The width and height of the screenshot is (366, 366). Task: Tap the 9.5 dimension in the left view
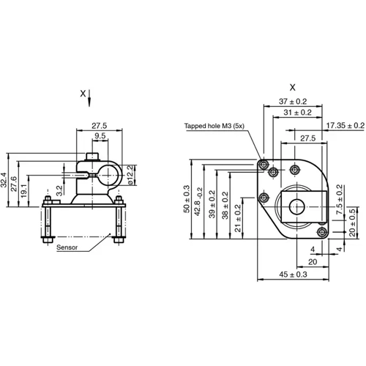point(100,136)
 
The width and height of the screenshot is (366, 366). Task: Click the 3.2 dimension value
point(61,193)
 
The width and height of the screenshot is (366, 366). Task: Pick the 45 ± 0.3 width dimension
point(294,274)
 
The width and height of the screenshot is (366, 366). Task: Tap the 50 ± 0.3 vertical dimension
point(186,199)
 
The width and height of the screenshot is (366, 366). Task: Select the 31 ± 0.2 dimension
point(297,113)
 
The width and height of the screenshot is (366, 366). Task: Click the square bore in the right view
point(299,205)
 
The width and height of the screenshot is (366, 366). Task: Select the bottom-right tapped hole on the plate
point(320,232)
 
